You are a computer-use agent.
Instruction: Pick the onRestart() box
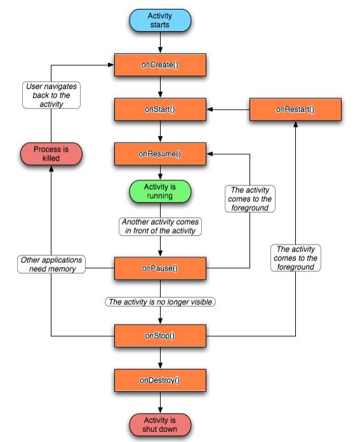295,109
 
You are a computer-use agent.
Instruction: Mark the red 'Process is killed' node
51,153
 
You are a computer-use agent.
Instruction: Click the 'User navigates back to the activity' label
51,95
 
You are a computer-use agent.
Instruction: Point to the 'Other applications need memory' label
51,264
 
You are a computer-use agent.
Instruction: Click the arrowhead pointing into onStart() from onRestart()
210,109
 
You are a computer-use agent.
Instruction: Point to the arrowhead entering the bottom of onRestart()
295,124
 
